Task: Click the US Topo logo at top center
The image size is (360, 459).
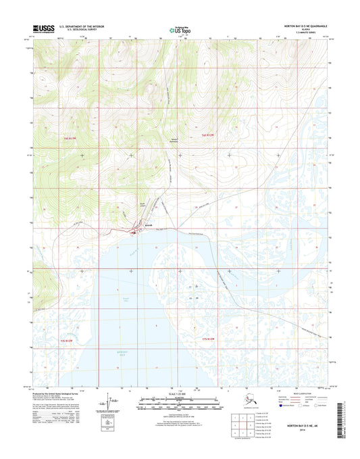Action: pos(180,30)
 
